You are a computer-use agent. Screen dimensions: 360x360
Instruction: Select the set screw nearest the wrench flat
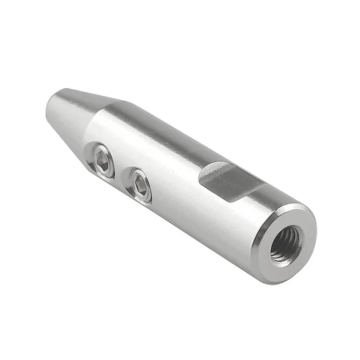click(x=138, y=185)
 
